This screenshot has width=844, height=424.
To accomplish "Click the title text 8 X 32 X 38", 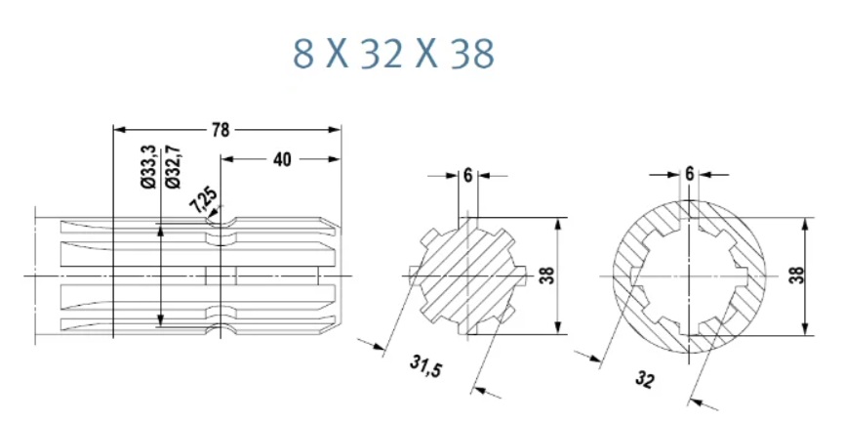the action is coord(393,54).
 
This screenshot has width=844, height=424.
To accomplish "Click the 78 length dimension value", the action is coord(221,130).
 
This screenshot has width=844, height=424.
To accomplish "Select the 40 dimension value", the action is coord(282,159).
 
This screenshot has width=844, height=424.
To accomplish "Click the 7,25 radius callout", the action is coord(204,198).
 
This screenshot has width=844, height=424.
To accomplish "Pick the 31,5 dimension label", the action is coord(425,366).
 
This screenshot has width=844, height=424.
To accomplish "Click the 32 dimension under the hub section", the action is coord(645,379).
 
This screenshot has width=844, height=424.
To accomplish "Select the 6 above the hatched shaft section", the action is coord(467,175).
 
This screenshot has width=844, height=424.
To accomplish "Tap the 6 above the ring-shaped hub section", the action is coord(690,174).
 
